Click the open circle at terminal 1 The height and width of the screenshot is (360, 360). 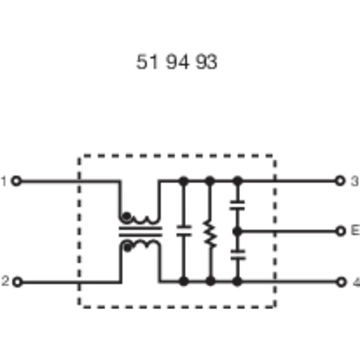point(16,181)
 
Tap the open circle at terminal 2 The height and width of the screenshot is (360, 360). point(18,282)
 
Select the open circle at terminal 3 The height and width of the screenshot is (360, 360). point(340,181)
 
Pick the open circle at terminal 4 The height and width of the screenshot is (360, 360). point(341,282)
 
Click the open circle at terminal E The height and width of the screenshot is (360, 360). point(341,231)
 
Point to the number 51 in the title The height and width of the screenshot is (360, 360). point(147,62)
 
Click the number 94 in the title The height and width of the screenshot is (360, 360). point(178,62)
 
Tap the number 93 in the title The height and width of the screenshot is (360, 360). point(206,62)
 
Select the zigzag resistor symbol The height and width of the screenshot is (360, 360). point(210,234)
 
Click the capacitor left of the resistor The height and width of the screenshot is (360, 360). point(184,231)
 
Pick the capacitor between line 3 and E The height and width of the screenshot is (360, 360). point(238,206)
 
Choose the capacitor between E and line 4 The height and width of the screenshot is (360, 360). point(238,255)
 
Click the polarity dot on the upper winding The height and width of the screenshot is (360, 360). point(126,216)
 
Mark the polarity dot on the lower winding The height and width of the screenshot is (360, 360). point(127,248)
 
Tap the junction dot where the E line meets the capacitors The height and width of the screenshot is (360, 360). point(238,231)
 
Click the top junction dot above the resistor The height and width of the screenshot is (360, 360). point(210,181)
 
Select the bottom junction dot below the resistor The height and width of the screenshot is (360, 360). point(211,281)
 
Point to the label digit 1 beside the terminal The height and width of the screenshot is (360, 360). point(4,181)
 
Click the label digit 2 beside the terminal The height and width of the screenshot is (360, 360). point(5,281)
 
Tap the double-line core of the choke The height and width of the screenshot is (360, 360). point(140,232)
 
